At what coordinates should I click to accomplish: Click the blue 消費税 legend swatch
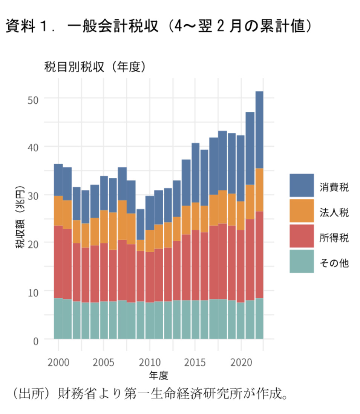point(301,185)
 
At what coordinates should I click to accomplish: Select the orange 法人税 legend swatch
point(301,210)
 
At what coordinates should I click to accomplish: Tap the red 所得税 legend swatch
point(301,236)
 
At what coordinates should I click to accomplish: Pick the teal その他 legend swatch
point(301,261)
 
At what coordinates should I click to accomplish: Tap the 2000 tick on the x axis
point(58,363)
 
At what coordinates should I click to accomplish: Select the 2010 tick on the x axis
point(150,363)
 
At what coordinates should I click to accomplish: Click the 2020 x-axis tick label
point(241,363)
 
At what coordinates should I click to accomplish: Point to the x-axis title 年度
point(158,376)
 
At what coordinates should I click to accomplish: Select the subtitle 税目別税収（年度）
point(95,67)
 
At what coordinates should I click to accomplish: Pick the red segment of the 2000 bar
point(58,262)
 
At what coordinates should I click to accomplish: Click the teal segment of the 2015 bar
point(195,319)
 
